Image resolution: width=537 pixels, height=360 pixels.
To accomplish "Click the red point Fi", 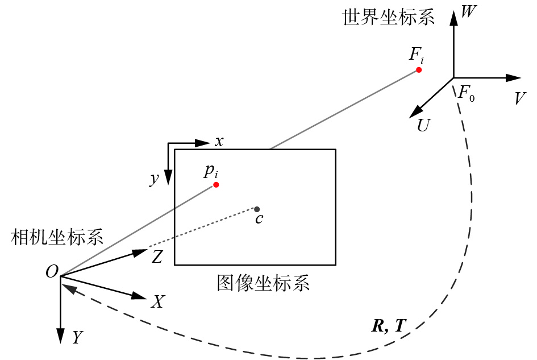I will pyautogui.click(x=419, y=70).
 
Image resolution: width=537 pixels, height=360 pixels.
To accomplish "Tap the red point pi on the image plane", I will pyautogui.click(x=216, y=185).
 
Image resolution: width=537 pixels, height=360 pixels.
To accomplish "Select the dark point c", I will pyautogui.click(x=257, y=209).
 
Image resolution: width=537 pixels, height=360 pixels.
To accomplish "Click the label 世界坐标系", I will pyautogui.click(x=388, y=18).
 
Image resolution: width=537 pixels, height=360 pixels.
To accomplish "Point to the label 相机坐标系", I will pyautogui.click(x=57, y=238).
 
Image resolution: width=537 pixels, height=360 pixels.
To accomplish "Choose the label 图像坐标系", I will pyautogui.click(x=263, y=283).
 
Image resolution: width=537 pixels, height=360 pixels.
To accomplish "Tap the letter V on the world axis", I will pyautogui.click(x=519, y=98).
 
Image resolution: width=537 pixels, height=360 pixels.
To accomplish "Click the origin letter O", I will pyautogui.click(x=52, y=273).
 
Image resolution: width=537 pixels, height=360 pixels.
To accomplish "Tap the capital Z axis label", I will pyautogui.click(x=157, y=257).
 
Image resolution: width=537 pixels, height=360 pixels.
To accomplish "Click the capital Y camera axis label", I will pyautogui.click(x=77, y=338).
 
